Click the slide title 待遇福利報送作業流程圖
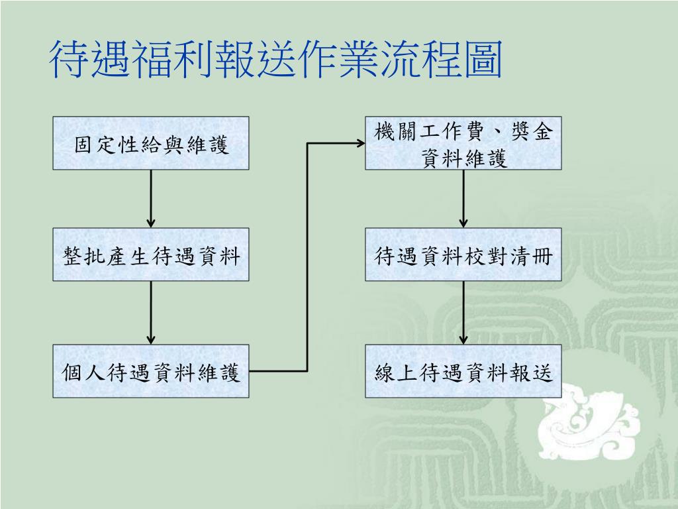275,59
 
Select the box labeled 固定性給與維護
151,143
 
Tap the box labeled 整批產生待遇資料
151,254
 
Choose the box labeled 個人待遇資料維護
151,371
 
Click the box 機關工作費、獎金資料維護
463,143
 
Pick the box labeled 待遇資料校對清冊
463,254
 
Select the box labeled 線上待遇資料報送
463,371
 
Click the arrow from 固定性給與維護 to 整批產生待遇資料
151,198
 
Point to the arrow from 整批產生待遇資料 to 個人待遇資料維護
151,312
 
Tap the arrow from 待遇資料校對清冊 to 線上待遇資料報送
463,312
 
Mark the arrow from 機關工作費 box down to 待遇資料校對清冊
463,198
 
